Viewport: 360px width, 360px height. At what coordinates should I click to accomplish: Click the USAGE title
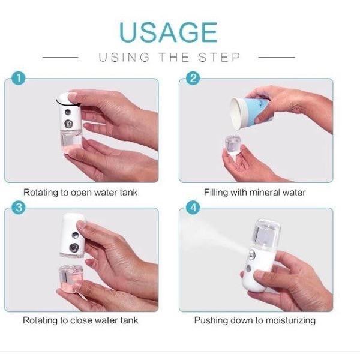click(x=167, y=32)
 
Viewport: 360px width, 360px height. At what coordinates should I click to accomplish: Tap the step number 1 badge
click(x=19, y=79)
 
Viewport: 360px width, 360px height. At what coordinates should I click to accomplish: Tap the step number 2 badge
click(x=193, y=79)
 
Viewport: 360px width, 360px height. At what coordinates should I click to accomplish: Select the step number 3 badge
click(x=19, y=208)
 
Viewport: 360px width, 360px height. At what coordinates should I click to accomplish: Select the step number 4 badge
click(x=193, y=208)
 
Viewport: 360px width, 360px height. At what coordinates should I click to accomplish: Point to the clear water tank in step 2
click(x=232, y=146)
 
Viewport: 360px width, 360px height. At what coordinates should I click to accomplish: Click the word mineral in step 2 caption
click(x=267, y=193)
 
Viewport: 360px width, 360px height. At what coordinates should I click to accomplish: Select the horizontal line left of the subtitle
click(x=62, y=58)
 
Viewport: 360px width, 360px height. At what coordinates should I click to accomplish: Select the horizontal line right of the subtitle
click(x=277, y=58)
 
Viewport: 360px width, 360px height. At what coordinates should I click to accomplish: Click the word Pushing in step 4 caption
click(x=209, y=320)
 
